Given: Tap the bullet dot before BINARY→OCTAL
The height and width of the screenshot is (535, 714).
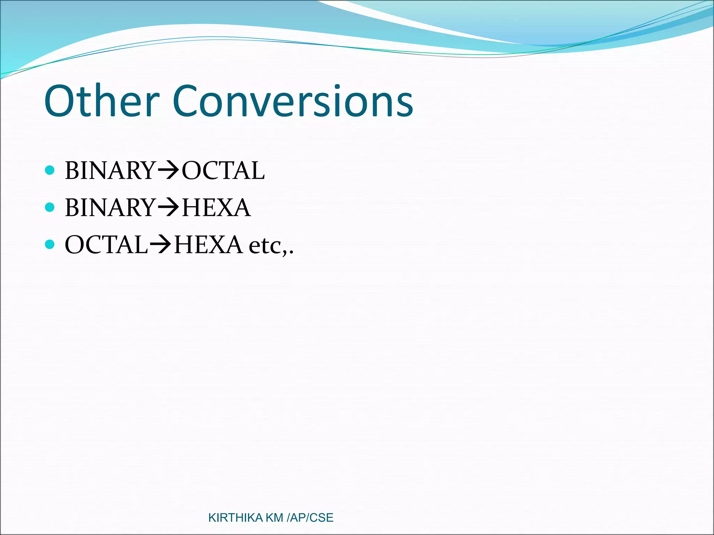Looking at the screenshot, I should pyautogui.click(x=50, y=170).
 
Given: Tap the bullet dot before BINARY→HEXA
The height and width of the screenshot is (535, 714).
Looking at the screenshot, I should pyautogui.click(x=50, y=207).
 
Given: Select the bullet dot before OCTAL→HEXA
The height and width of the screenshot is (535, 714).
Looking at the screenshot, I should pyautogui.click(x=50, y=244).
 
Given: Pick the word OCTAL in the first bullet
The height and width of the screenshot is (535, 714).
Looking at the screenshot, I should pyautogui.click(x=223, y=171).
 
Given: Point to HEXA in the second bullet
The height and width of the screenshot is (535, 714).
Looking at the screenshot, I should pyautogui.click(x=216, y=208).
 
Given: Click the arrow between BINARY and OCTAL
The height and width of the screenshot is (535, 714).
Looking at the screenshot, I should pyautogui.click(x=168, y=171).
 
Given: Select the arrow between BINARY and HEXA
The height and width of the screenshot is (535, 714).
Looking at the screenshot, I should pyautogui.click(x=168, y=208).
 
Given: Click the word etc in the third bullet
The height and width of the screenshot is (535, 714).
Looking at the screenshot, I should pyautogui.click(x=267, y=246).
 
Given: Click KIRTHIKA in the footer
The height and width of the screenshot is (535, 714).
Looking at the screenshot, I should pyautogui.click(x=235, y=518).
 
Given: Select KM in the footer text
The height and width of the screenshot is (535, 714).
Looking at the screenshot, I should pyautogui.click(x=274, y=518).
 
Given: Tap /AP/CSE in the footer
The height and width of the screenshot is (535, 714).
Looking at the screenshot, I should pyautogui.click(x=310, y=518).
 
